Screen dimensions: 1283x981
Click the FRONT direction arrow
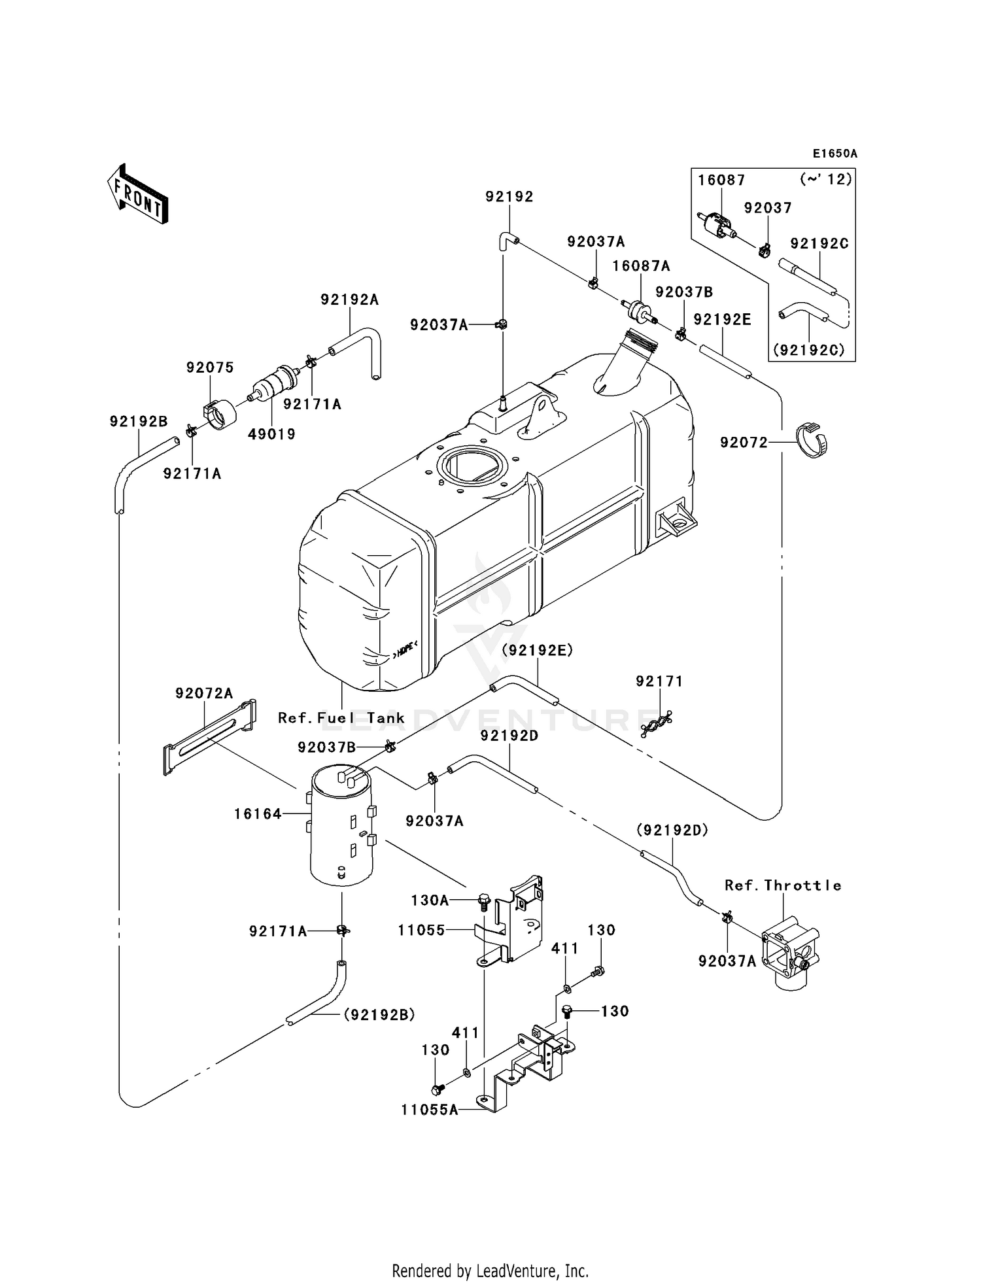(138, 194)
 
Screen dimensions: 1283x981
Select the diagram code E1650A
(835, 154)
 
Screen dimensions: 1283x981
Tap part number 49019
(272, 434)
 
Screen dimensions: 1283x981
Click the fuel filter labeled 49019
(274, 384)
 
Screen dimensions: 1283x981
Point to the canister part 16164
(341, 825)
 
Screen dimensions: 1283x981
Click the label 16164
(258, 814)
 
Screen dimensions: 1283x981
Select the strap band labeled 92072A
(208, 737)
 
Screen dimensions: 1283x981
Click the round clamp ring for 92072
(811, 441)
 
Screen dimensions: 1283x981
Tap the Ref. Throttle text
(782, 885)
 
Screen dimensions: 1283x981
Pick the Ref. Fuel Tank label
(341, 718)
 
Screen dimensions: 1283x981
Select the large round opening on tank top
(470, 464)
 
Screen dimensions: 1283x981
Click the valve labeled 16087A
(638, 310)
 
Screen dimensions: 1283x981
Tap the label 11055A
(428, 1110)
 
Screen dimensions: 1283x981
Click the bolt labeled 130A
(483, 902)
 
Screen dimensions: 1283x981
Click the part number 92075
(209, 368)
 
